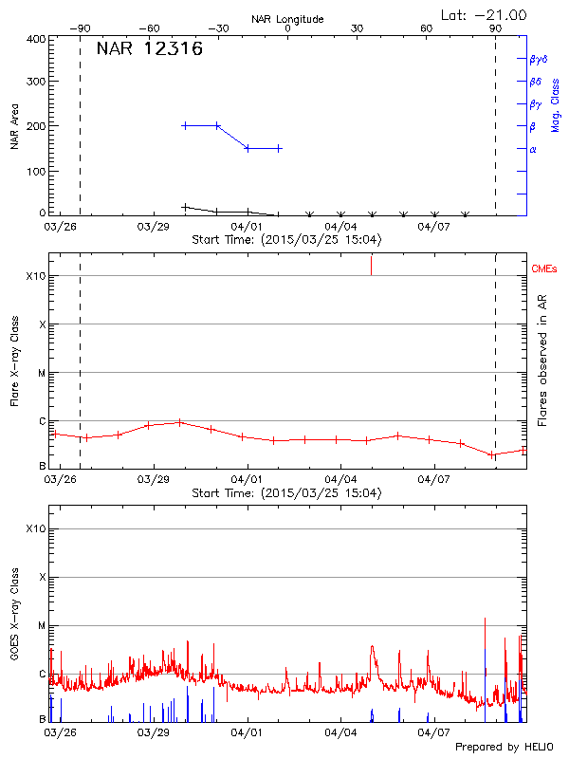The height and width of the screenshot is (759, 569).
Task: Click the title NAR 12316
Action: [x=149, y=49]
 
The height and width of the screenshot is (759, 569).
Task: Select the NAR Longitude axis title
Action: [x=287, y=19]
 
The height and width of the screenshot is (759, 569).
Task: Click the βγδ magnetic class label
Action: [x=538, y=59]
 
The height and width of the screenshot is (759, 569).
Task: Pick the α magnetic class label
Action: [x=533, y=149]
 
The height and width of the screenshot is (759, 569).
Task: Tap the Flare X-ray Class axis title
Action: [x=14, y=361]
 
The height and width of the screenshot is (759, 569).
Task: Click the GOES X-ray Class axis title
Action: [x=14, y=617]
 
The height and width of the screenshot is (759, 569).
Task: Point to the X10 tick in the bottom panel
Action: [x=36, y=528]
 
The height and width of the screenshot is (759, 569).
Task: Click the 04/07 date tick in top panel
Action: [x=433, y=228]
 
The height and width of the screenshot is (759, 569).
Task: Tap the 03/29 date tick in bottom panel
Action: [x=154, y=732]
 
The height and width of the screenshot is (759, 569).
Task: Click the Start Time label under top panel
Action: [x=286, y=240]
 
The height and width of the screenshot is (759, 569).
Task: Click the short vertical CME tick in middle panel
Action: [x=371, y=265]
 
